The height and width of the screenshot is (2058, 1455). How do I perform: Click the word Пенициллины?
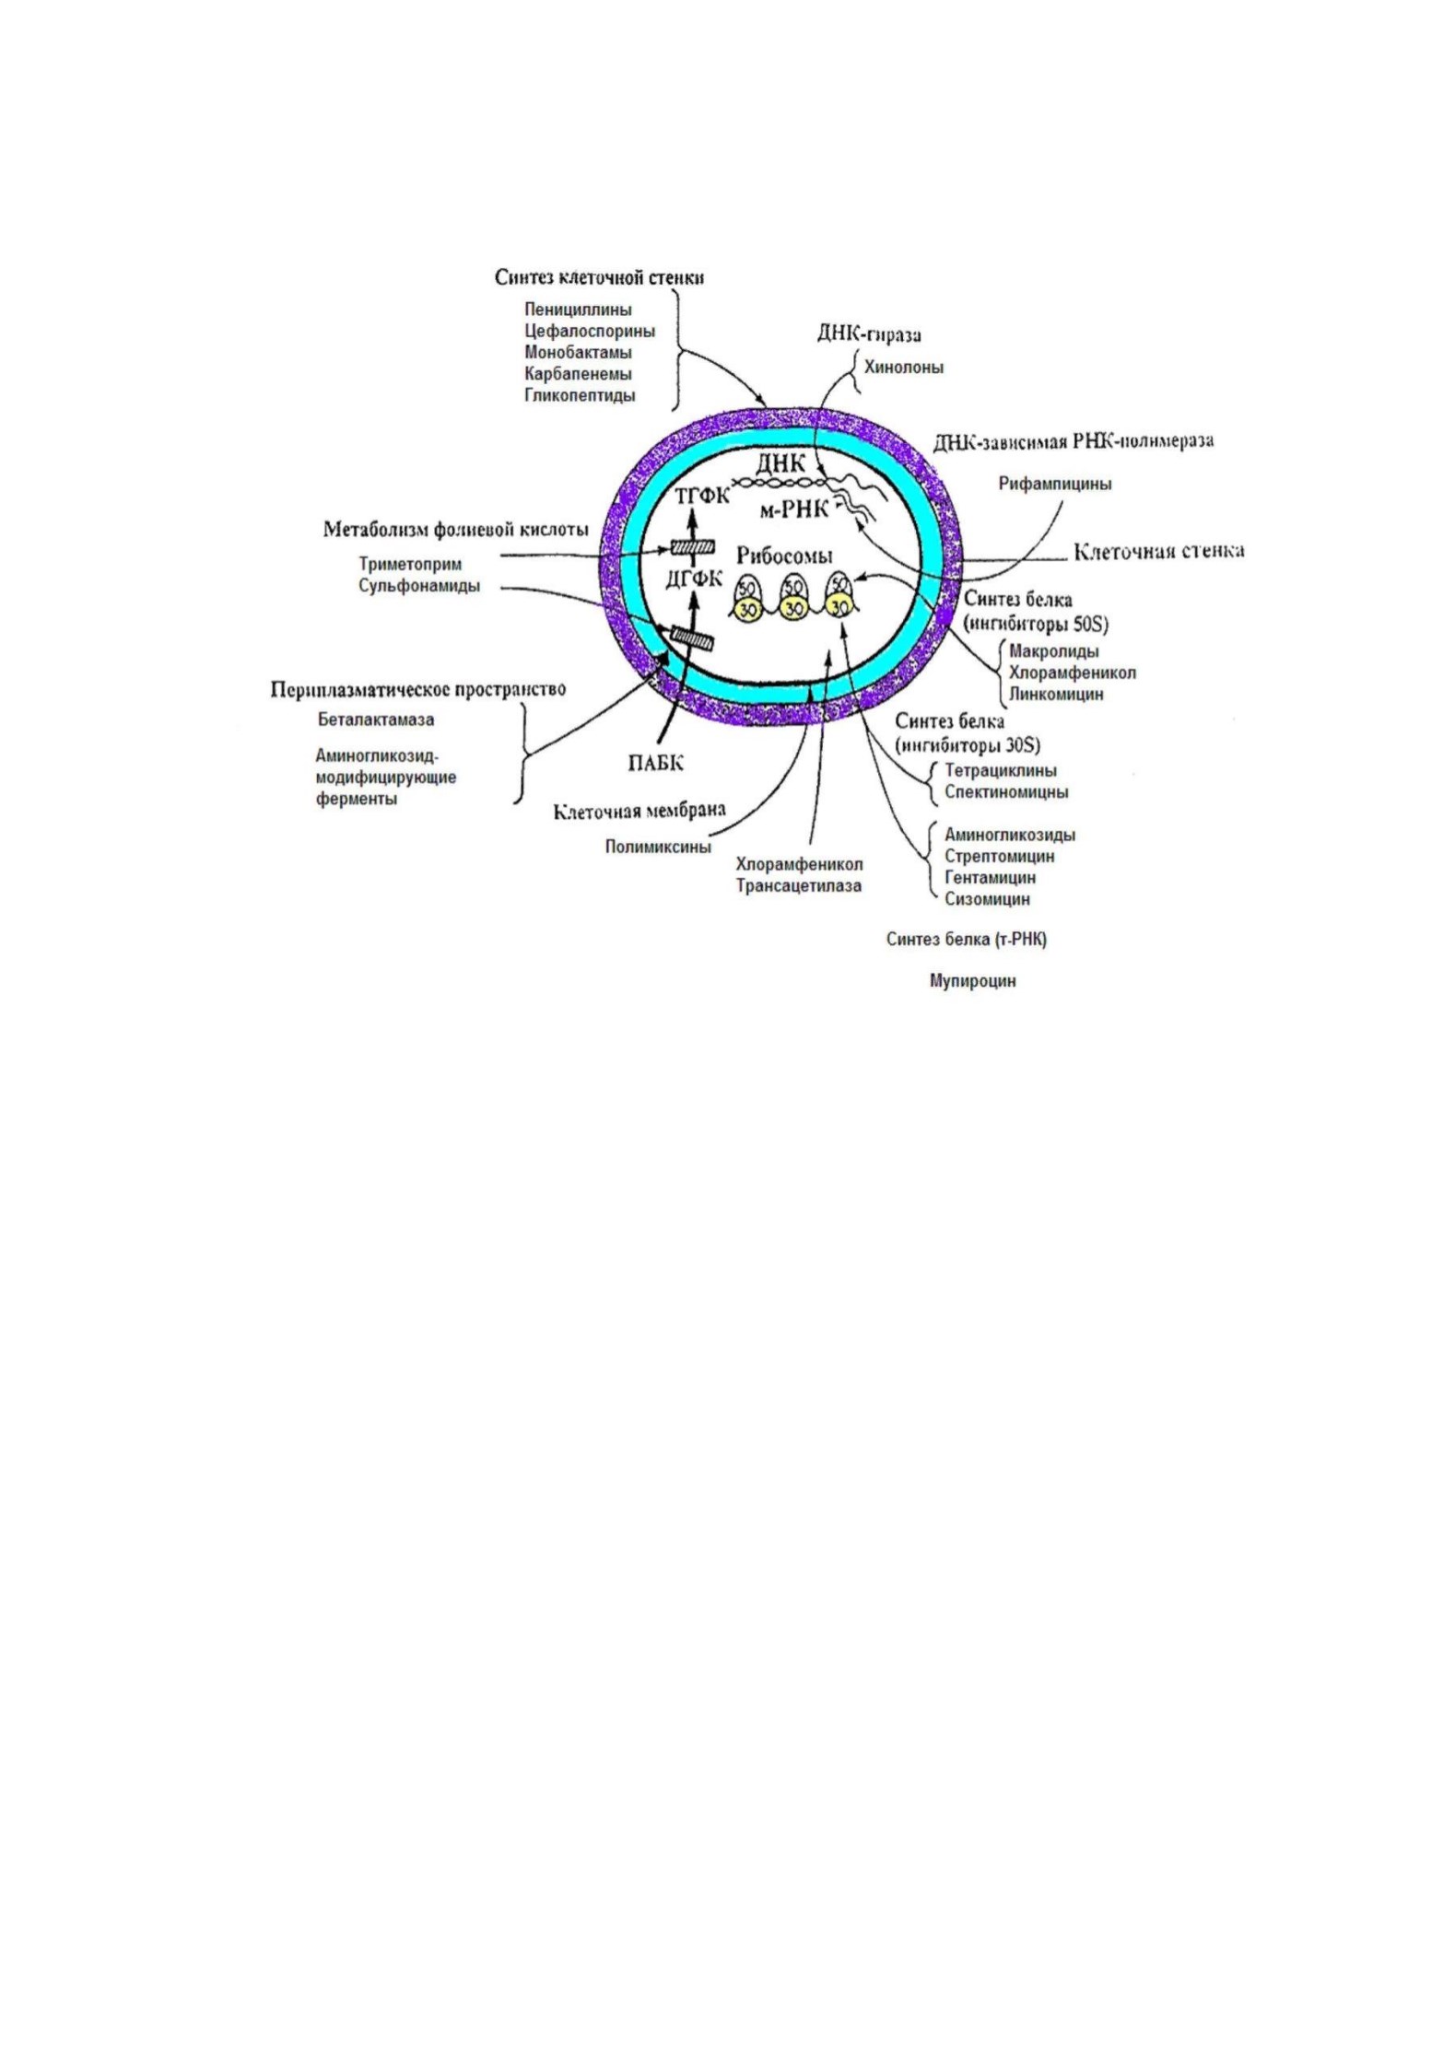click(578, 310)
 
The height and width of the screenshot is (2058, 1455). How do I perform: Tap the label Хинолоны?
click(903, 368)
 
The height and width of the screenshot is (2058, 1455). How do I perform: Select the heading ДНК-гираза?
click(869, 334)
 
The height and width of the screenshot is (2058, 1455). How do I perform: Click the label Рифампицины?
click(1055, 485)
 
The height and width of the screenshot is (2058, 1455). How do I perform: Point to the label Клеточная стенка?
click(1159, 552)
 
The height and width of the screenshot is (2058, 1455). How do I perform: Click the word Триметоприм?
click(410, 565)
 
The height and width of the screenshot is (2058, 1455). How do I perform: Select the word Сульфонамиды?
click(419, 587)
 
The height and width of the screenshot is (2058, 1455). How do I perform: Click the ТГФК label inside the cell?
click(702, 496)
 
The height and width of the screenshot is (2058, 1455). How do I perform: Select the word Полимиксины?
click(658, 847)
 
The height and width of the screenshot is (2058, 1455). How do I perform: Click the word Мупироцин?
click(972, 981)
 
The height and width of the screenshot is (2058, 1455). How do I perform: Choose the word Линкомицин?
click(1055, 695)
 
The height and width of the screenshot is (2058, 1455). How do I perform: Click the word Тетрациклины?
click(1001, 770)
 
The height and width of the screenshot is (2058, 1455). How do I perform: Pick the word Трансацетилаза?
click(799, 886)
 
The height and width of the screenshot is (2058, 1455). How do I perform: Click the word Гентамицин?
click(991, 878)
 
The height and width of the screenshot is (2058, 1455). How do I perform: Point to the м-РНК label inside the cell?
click(794, 510)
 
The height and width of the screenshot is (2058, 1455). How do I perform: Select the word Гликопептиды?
click(580, 396)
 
